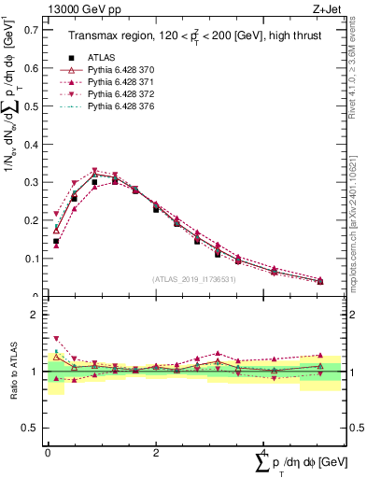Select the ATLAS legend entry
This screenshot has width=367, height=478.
pos(101,58)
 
